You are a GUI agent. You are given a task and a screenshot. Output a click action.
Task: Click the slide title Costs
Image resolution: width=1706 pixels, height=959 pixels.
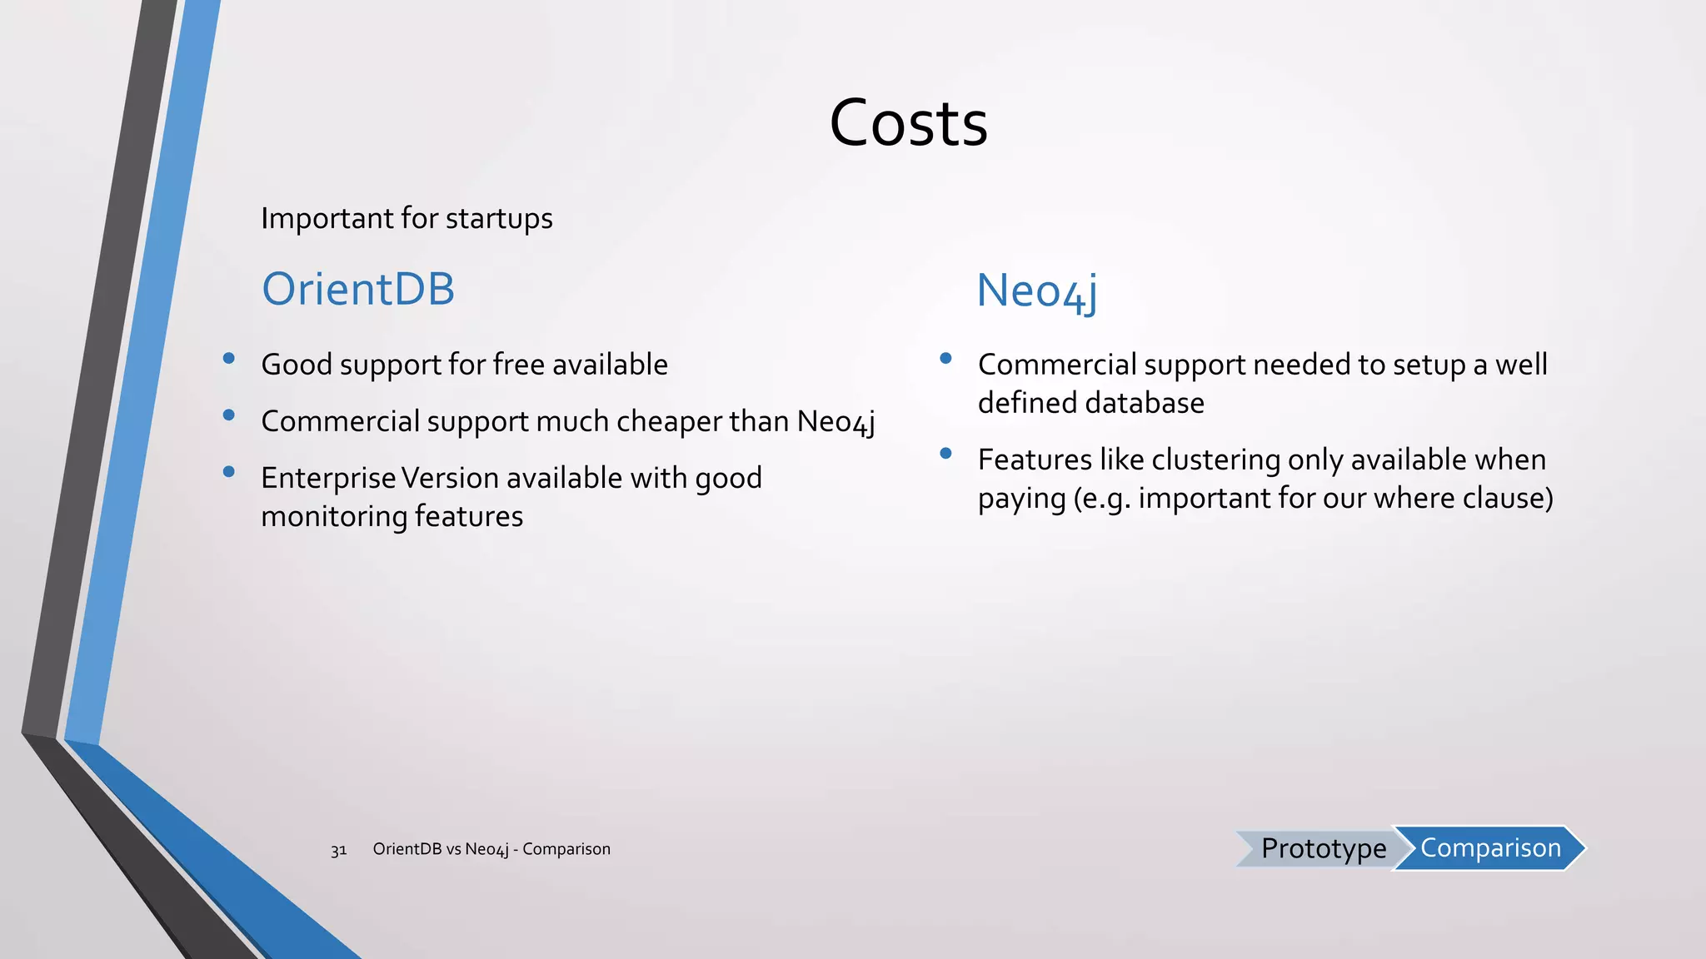click(x=908, y=123)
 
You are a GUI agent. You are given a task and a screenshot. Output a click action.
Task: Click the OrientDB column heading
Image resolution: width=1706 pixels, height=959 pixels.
click(x=358, y=290)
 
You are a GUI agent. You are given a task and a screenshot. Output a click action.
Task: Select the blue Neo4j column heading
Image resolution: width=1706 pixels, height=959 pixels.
click(x=1036, y=291)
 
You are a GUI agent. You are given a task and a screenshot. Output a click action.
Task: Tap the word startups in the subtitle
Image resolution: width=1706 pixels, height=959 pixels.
click(x=499, y=218)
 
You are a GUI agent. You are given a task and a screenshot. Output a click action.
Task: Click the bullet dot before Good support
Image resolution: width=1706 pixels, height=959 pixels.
click(x=229, y=359)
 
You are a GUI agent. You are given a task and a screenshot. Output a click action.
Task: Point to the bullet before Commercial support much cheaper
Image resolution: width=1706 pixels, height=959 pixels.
click(x=229, y=415)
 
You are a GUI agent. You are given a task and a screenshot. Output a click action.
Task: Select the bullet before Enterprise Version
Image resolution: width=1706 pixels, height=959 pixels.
click(x=229, y=472)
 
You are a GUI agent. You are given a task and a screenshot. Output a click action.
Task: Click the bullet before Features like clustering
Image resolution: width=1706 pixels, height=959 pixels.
click(x=945, y=454)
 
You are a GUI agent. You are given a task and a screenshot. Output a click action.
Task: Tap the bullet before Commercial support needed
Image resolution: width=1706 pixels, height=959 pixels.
click(x=945, y=359)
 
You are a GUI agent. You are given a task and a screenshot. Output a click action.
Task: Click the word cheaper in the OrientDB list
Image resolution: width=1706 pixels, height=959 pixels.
click(x=669, y=422)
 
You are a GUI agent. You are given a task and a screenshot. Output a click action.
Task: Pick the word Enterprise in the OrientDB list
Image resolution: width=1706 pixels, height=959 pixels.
click(x=328, y=479)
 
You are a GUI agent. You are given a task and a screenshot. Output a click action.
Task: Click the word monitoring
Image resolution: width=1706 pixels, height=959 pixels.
click(x=333, y=517)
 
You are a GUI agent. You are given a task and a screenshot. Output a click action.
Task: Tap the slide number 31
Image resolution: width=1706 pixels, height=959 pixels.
click(x=338, y=850)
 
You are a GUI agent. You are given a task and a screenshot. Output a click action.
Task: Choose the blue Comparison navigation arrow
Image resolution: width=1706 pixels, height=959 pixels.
click(x=1489, y=847)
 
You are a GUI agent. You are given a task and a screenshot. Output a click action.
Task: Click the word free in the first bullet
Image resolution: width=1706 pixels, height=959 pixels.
click(x=518, y=365)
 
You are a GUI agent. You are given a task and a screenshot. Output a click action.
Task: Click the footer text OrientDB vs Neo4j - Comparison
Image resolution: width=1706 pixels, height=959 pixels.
click(x=491, y=849)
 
